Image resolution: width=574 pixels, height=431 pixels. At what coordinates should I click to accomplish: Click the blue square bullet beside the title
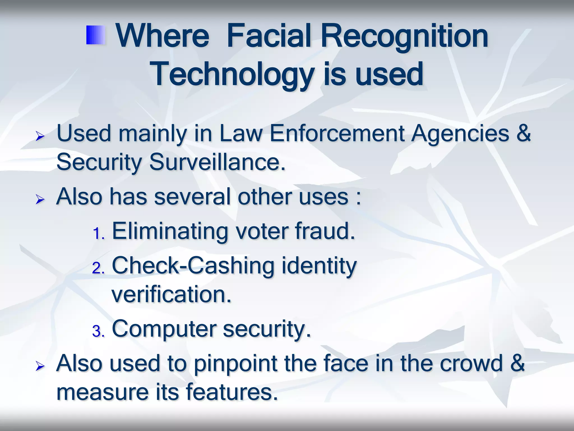click(x=95, y=35)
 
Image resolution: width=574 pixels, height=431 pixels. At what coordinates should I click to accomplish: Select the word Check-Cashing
click(x=193, y=266)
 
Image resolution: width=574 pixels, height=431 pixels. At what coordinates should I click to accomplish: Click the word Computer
click(x=164, y=329)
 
